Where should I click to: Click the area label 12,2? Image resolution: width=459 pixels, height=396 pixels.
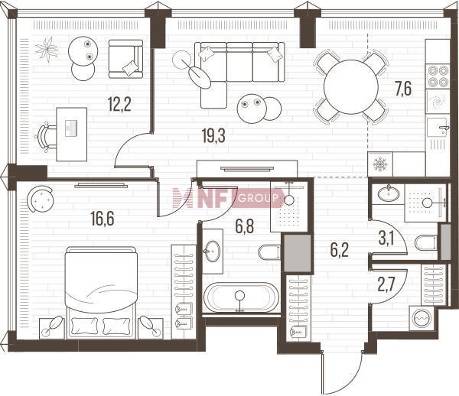(x=119, y=105)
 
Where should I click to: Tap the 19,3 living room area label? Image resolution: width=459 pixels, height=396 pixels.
(x=213, y=136)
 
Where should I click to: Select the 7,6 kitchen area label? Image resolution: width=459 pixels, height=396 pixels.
(x=403, y=89)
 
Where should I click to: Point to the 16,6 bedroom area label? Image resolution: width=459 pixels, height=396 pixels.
(x=103, y=219)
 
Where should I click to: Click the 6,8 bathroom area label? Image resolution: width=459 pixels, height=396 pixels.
(x=245, y=226)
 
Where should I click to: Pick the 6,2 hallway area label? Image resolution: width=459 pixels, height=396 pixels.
(x=340, y=250)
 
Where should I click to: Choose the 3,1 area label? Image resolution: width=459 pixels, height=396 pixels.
(x=386, y=239)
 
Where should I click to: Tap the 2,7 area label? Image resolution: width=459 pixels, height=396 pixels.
(x=386, y=285)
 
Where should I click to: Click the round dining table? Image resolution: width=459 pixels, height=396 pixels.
(x=351, y=87)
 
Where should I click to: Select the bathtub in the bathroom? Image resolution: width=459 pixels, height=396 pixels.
(x=241, y=297)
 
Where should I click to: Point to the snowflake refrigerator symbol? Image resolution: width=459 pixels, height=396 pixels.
(x=380, y=164)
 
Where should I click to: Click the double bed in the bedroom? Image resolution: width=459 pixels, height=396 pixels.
(x=102, y=293)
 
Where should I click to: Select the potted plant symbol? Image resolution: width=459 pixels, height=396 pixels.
(x=47, y=49)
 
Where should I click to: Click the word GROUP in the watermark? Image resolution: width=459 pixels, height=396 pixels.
(x=259, y=199)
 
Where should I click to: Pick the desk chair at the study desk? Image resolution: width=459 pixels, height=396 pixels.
(x=45, y=137)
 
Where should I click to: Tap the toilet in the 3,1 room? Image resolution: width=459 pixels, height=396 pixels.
(x=426, y=242)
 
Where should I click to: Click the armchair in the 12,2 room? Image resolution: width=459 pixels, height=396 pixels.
(x=126, y=59)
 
